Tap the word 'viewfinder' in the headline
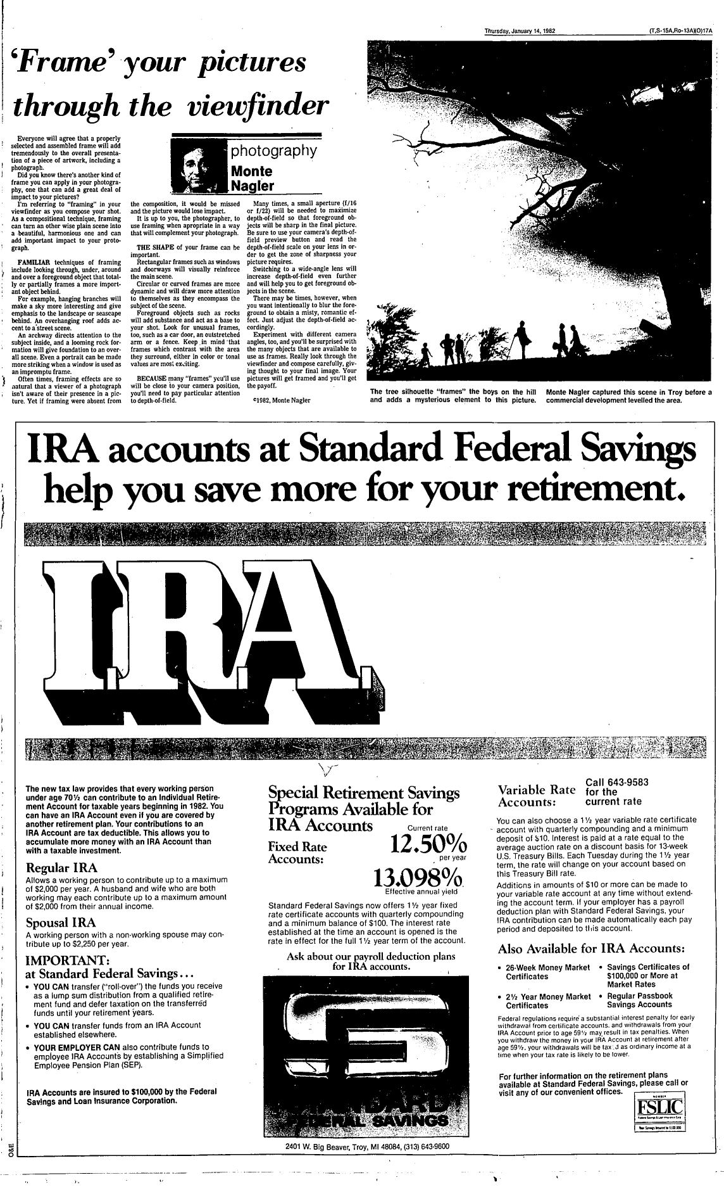[x=259, y=108]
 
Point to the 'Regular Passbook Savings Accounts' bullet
[x=639, y=1000]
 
